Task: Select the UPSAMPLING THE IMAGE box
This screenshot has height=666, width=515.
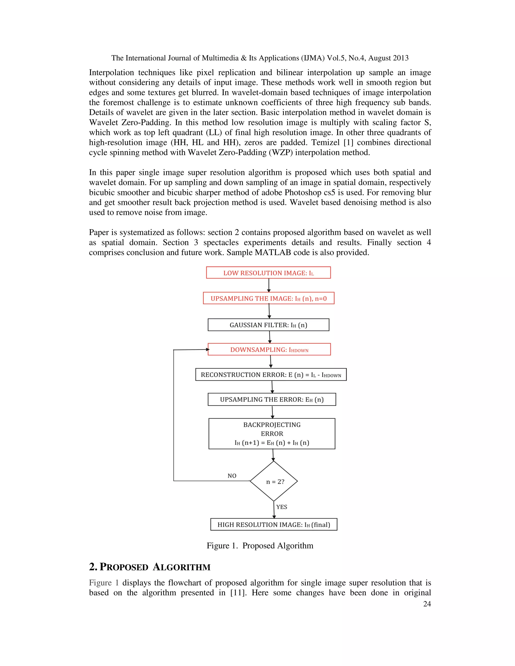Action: (269, 298)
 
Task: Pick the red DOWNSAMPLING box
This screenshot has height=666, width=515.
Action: (269, 350)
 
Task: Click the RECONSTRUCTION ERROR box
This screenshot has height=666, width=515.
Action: (271, 374)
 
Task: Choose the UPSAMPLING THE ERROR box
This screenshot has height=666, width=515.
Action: (272, 400)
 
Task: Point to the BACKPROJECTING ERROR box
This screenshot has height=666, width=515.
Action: (272, 433)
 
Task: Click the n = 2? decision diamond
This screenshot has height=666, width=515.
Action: (274, 482)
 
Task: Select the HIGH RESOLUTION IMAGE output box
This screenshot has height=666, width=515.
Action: (274, 525)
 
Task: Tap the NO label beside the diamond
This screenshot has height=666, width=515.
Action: (232, 476)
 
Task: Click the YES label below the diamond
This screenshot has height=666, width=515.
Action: (282, 507)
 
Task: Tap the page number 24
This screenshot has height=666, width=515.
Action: (427, 604)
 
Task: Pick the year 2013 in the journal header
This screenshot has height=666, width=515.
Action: (401, 58)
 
